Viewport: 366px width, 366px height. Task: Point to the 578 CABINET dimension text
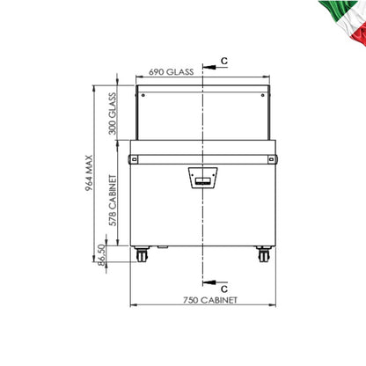[x=112, y=201]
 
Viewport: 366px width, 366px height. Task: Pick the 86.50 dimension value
[x=102, y=256]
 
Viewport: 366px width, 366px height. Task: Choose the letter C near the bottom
[x=223, y=288]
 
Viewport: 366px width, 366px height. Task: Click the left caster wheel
[x=141, y=258]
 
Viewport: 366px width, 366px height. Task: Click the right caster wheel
[x=263, y=258]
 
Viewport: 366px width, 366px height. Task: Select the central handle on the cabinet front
[x=202, y=179]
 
